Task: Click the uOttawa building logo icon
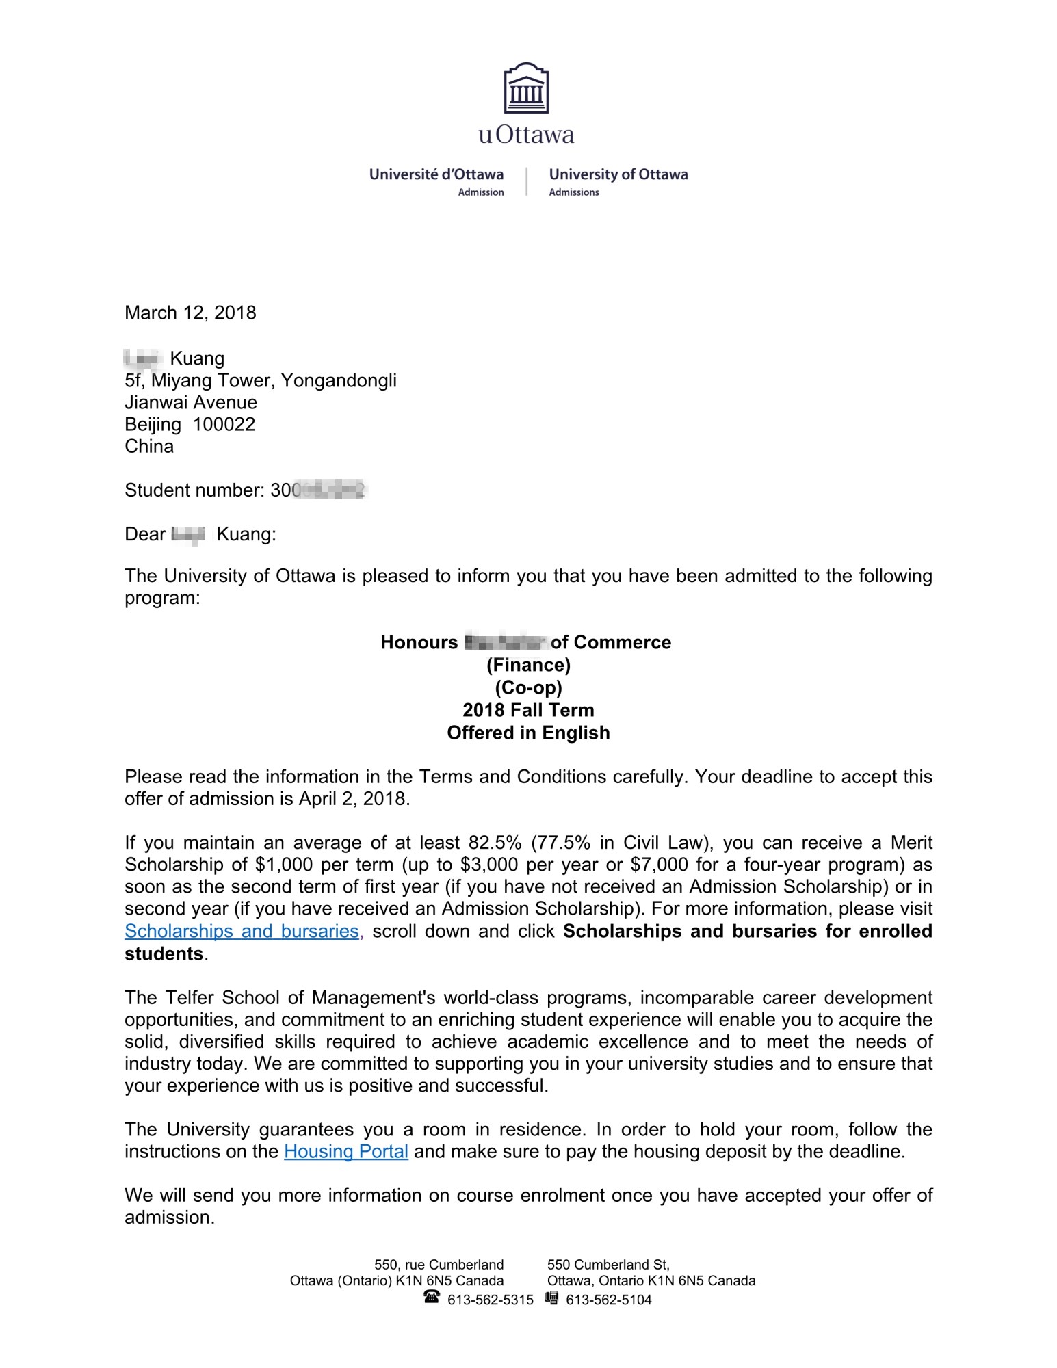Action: pyautogui.click(x=526, y=89)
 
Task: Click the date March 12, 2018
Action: pyautogui.click(x=190, y=313)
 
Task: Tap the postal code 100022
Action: pyautogui.click(x=224, y=425)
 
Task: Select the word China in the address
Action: pyautogui.click(x=149, y=447)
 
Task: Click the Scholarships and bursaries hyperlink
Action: pyautogui.click(x=242, y=932)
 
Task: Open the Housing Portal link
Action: pyautogui.click(x=346, y=1152)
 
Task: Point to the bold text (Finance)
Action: pyautogui.click(x=528, y=665)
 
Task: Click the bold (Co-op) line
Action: pyautogui.click(x=528, y=687)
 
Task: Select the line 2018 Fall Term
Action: pyautogui.click(x=528, y=710)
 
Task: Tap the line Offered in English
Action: pyautogui.click(x=528, y=733)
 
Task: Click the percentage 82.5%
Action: pyautogui.click(x=495, y=843)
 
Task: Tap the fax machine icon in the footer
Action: pyautogui.click(x=552, y=1297)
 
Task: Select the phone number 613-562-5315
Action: pyautogui.click(x=491, y=1300)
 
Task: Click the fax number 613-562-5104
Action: pyautogui.click(x=609, y=1300)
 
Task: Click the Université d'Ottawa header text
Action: pyautogui.click(x=436, y=174)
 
